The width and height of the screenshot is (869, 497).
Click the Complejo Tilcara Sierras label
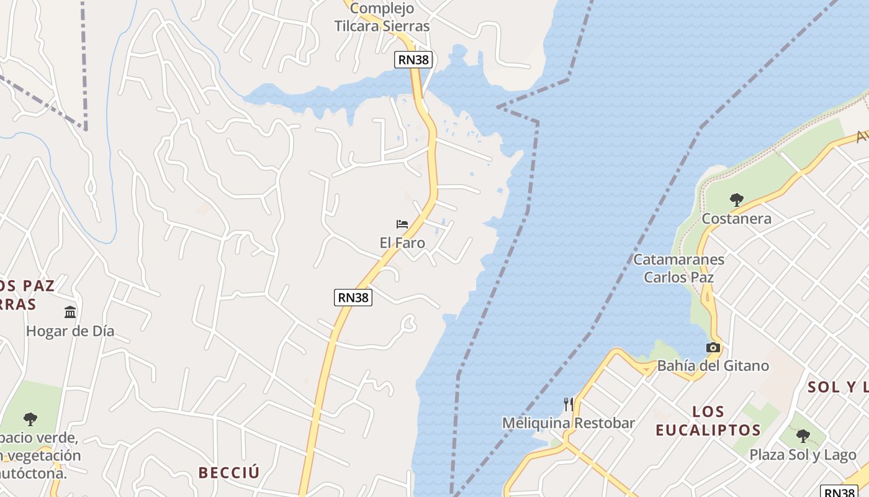[x=382, y=17]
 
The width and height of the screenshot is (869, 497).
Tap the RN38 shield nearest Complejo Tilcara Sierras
[x=413, y=60]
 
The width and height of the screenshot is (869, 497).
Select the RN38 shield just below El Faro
[x=353, y=298]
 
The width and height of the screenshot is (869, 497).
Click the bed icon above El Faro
[x=402, y=224]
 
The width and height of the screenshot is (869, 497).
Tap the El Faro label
[x=402, y=243]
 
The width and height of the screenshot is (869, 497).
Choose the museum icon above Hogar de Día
[x=70, y=312]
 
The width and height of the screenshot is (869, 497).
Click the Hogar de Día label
[x=70, y=331]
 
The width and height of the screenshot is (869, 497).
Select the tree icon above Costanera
[x=737, y=200]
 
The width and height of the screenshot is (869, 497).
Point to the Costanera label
[x=737, y=219]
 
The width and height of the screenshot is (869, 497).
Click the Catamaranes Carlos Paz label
[x=678, y=268]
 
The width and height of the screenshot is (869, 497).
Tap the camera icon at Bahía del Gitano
[x=713, y=348]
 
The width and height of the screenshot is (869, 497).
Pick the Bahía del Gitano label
[x=713, y=366]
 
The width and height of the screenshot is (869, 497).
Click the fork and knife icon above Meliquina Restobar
[x=568, y=404]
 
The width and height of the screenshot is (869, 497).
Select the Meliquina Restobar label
[x=568, y=423]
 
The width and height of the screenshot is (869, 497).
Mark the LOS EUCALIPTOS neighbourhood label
[x=708, y=421]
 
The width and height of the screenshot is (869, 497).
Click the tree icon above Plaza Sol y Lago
[x=803, y=435]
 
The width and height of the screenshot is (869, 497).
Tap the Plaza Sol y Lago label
[x=803, y=455]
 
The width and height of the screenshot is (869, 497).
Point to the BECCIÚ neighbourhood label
[x=229, y=473]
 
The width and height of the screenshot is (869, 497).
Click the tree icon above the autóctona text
[x=30, y=419]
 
